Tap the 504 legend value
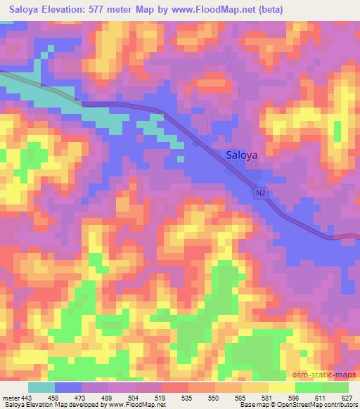(143, 398)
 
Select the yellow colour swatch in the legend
(282, 387)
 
